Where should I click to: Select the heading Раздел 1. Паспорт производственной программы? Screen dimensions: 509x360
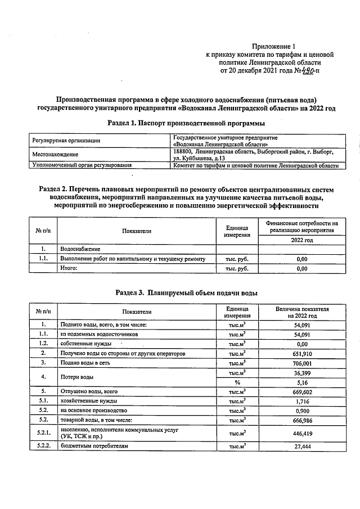click(x=186, y=123)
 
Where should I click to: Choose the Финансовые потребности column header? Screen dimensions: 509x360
click(x=301, y=227)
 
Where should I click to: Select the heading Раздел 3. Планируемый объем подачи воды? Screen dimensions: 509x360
click(x=187, y=292)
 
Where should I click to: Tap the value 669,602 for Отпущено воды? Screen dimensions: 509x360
click(x=301, y=391)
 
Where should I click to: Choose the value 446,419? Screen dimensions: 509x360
click(x=301, y=434)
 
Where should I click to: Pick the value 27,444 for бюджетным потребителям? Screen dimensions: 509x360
click(x=301, y=446)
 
